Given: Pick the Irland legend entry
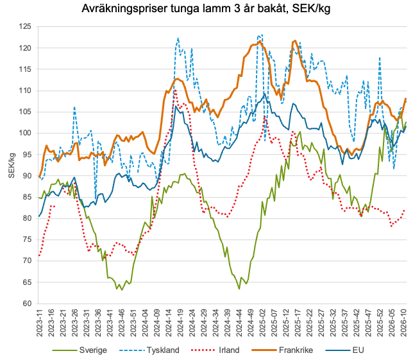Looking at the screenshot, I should (226, 350).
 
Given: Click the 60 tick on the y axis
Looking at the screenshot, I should (26, 304).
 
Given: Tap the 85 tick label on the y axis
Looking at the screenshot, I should (26, 197).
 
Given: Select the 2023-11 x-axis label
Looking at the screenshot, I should (40, 324).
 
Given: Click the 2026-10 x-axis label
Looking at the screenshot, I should (404, 324).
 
